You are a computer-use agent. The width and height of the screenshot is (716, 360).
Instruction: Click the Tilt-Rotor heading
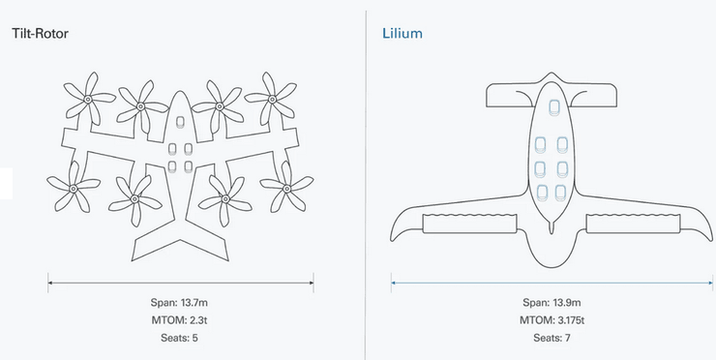(x=41, y=33)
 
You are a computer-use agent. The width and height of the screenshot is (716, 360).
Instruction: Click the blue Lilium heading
(x=403, y=33)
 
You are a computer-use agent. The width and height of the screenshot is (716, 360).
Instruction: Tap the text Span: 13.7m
(x=179, y=303)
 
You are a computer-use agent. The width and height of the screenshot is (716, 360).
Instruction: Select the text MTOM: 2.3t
(x=179, y=320)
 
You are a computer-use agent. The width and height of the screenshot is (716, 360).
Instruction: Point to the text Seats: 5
(x=179, y=338)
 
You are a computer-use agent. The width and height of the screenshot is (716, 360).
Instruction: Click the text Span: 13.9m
(x=552, y=303)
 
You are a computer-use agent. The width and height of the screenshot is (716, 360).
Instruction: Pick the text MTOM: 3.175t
(x=552, y=320)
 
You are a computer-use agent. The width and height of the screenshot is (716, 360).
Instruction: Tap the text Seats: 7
(x=552, y=338)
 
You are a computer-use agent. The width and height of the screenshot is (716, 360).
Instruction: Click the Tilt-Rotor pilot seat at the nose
(x=180, y=122)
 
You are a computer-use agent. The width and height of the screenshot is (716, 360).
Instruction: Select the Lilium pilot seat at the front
(x=553, y=107)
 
